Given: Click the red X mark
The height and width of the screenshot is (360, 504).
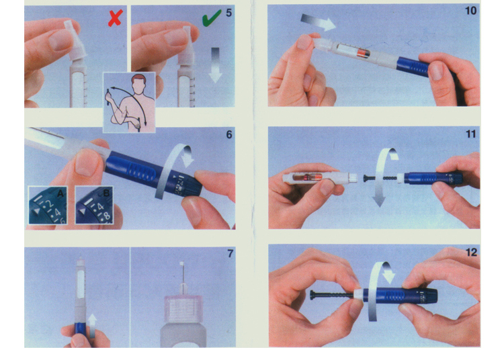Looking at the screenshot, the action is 115,17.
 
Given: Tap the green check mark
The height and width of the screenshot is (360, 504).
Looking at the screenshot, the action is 212,17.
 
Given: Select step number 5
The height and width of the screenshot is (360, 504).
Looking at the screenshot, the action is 228,13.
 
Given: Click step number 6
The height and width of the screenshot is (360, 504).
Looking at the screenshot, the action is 229,134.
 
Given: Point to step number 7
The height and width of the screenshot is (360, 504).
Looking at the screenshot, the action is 230,254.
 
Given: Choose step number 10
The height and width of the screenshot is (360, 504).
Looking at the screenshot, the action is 470,11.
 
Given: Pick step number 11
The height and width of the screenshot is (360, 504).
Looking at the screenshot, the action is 471,134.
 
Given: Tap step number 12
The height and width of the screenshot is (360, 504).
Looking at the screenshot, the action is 471,253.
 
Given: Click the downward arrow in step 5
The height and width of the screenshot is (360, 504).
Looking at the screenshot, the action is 215,65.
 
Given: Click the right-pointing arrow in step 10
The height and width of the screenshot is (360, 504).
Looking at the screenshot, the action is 319,22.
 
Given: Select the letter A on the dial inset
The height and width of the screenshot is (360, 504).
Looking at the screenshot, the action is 60,193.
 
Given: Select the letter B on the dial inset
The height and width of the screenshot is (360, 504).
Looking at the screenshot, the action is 106,193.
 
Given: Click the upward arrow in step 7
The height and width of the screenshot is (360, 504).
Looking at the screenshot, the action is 92,325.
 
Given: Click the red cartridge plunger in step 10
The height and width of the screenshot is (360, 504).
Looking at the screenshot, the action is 362,52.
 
